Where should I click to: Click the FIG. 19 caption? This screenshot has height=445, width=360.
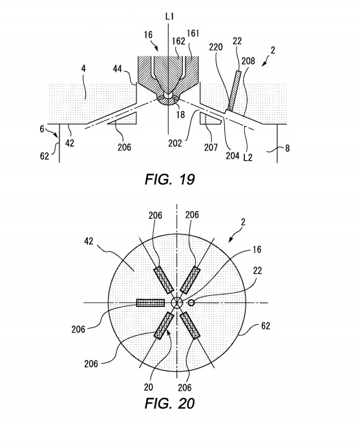coord(170,180)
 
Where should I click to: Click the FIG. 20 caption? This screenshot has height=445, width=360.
coord(170,403)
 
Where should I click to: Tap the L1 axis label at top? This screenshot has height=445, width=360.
coord(169,17)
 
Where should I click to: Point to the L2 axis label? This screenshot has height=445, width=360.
coord(248,157)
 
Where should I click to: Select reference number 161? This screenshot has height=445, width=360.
coord(193,34)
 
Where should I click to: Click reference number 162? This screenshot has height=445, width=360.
coord(178,41)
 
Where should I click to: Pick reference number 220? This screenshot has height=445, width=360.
coord(216,47)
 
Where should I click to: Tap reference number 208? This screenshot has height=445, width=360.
coord(248,61)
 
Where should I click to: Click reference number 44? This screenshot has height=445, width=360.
coord(118,68)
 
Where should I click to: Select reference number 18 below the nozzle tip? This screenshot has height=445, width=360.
coord(180,114)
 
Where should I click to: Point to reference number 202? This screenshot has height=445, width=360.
coord(175,143)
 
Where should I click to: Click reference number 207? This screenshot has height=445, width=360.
coord(211,147)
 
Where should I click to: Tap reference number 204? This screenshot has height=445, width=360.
coord(233,156)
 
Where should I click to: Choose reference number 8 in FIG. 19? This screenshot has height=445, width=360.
coord(288,148)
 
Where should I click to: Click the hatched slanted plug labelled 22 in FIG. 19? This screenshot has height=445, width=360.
coord(234,91)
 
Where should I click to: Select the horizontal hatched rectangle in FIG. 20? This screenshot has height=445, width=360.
coord(151,303)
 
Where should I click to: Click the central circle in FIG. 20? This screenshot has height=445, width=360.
coord(176,302)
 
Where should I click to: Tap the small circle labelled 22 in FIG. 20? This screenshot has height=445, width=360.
coord(191,303)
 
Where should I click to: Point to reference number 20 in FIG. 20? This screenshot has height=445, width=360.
coord(149,387)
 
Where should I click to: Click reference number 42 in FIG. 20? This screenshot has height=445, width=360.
coord(89,242)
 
